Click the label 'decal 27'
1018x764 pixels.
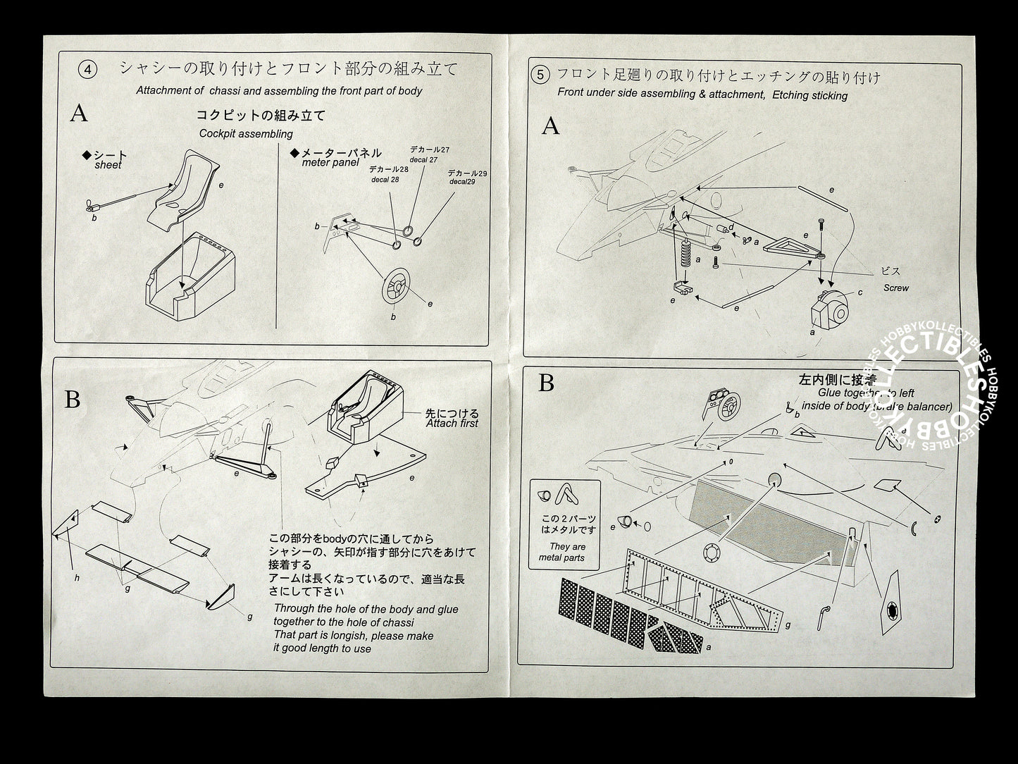click(x=423, y=160)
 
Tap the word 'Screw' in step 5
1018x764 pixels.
click(x=896, y=288)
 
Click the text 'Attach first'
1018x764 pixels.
click(x=452, y=423)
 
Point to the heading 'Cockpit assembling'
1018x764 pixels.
click(x=246, y=133)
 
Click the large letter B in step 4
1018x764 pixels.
click(x=73, y=400)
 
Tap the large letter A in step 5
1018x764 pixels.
click(x=550, y=126)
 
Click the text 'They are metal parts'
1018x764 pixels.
click(x=567, y=552)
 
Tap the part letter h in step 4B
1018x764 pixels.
click(x=76, y=578)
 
